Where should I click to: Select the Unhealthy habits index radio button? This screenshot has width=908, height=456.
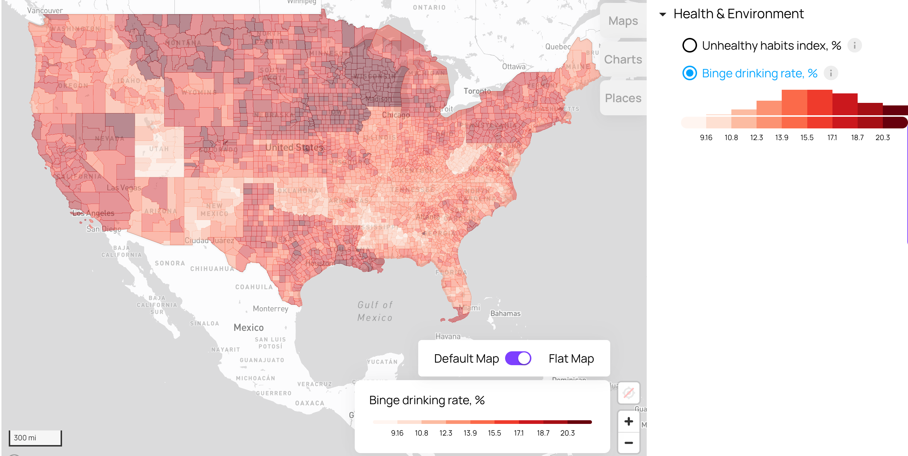coord(689,46)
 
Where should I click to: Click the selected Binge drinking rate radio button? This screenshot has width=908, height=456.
coord(689,73)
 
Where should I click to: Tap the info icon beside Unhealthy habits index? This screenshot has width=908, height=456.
coord(854,46)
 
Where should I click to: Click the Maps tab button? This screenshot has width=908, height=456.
coord(623,21)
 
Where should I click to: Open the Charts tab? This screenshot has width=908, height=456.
coord(623,59)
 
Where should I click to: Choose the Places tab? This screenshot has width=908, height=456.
coord(623,98)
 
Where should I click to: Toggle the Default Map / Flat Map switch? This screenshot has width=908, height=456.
coord(518,358)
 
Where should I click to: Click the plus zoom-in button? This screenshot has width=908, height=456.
coord(628,421)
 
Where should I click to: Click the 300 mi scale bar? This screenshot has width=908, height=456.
coord(35,438)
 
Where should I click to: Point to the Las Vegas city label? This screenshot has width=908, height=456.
coord(124,188)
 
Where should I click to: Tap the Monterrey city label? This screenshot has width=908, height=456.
coord(270,309)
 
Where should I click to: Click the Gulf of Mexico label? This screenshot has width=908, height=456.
coord(375,311)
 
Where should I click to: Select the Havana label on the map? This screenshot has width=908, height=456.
coord(448,336)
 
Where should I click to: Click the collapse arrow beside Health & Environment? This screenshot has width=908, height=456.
coord(663,15)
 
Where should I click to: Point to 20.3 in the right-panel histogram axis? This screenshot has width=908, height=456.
coord(882,138)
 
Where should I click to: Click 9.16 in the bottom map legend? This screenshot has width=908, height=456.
coord(397,433)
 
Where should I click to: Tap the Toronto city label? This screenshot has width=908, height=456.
coord(477,91)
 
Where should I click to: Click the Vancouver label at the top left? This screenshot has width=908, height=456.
coord(45,11)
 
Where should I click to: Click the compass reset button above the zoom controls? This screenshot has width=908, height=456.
coord(628,393)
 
